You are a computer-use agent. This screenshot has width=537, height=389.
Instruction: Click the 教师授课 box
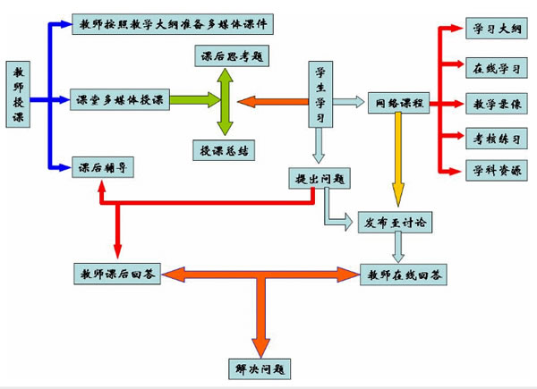pyautogui.click(x=21, y=95)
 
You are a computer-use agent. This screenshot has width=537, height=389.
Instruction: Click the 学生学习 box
pyautogui.click(x=321, y=95)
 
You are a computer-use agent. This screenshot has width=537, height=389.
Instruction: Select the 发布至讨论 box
pyautogui.click(x=396, y=219)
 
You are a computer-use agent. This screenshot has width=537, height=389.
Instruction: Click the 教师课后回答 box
pyautogui.click(x=117, y=275)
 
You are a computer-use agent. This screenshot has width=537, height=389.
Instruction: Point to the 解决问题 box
pyautogui.click(x=259, y=367)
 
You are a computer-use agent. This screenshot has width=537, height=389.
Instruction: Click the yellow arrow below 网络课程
pyautogui.click(x=396, y=161)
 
